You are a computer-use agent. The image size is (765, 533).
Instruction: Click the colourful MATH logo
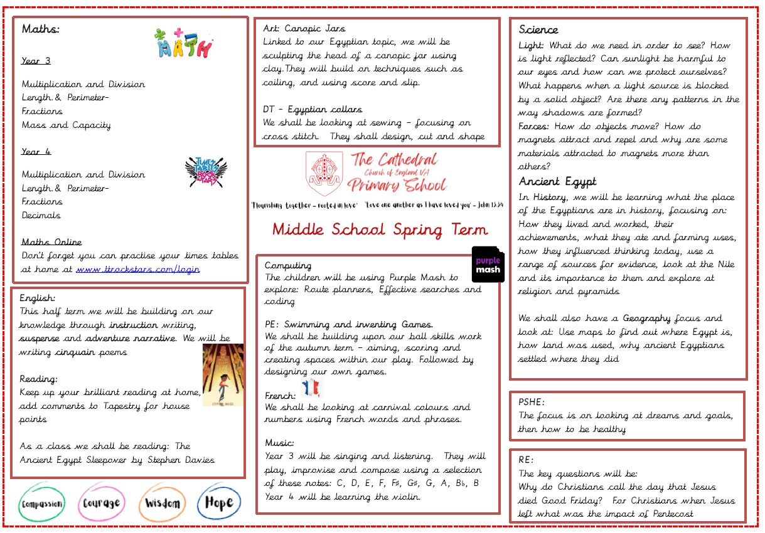183,43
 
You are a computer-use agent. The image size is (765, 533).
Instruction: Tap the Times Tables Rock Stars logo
206,171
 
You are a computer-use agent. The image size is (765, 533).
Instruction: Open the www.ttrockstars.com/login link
137,269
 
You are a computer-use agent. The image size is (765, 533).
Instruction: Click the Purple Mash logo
488,264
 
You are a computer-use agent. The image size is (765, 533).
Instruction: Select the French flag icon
311,388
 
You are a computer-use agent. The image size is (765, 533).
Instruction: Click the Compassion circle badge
41,504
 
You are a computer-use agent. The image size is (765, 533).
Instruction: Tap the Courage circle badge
101,503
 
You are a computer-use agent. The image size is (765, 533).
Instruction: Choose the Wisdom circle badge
162,503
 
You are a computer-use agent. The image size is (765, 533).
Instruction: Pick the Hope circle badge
218,502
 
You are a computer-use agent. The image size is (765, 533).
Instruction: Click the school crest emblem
324,172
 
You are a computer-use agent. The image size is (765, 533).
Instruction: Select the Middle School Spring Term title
380,230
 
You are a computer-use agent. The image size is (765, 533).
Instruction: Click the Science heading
538,29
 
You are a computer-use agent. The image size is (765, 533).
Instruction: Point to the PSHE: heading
532,402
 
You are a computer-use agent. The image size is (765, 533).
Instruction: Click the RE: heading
526,460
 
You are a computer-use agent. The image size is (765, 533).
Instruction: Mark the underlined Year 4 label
36,152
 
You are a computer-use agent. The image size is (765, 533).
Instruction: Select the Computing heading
288,266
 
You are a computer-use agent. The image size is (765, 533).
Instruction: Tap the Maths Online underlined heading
51,242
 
